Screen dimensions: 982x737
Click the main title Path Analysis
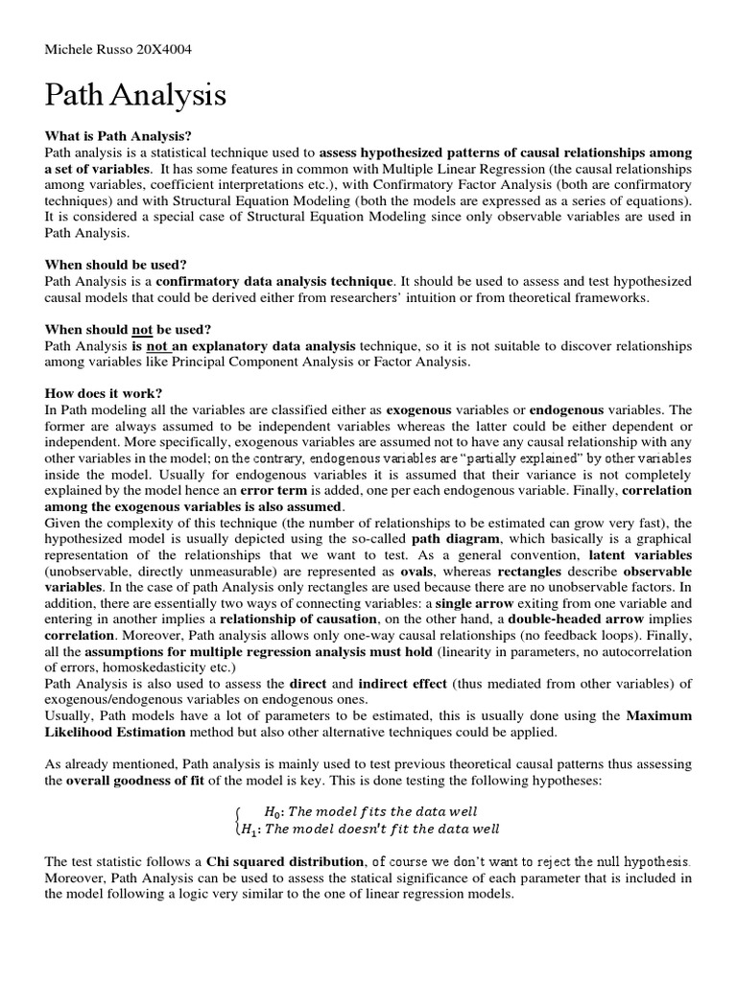tap(135, 96)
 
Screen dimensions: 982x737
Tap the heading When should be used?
tap(115, 264)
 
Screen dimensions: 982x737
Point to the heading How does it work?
tap(104, 393)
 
